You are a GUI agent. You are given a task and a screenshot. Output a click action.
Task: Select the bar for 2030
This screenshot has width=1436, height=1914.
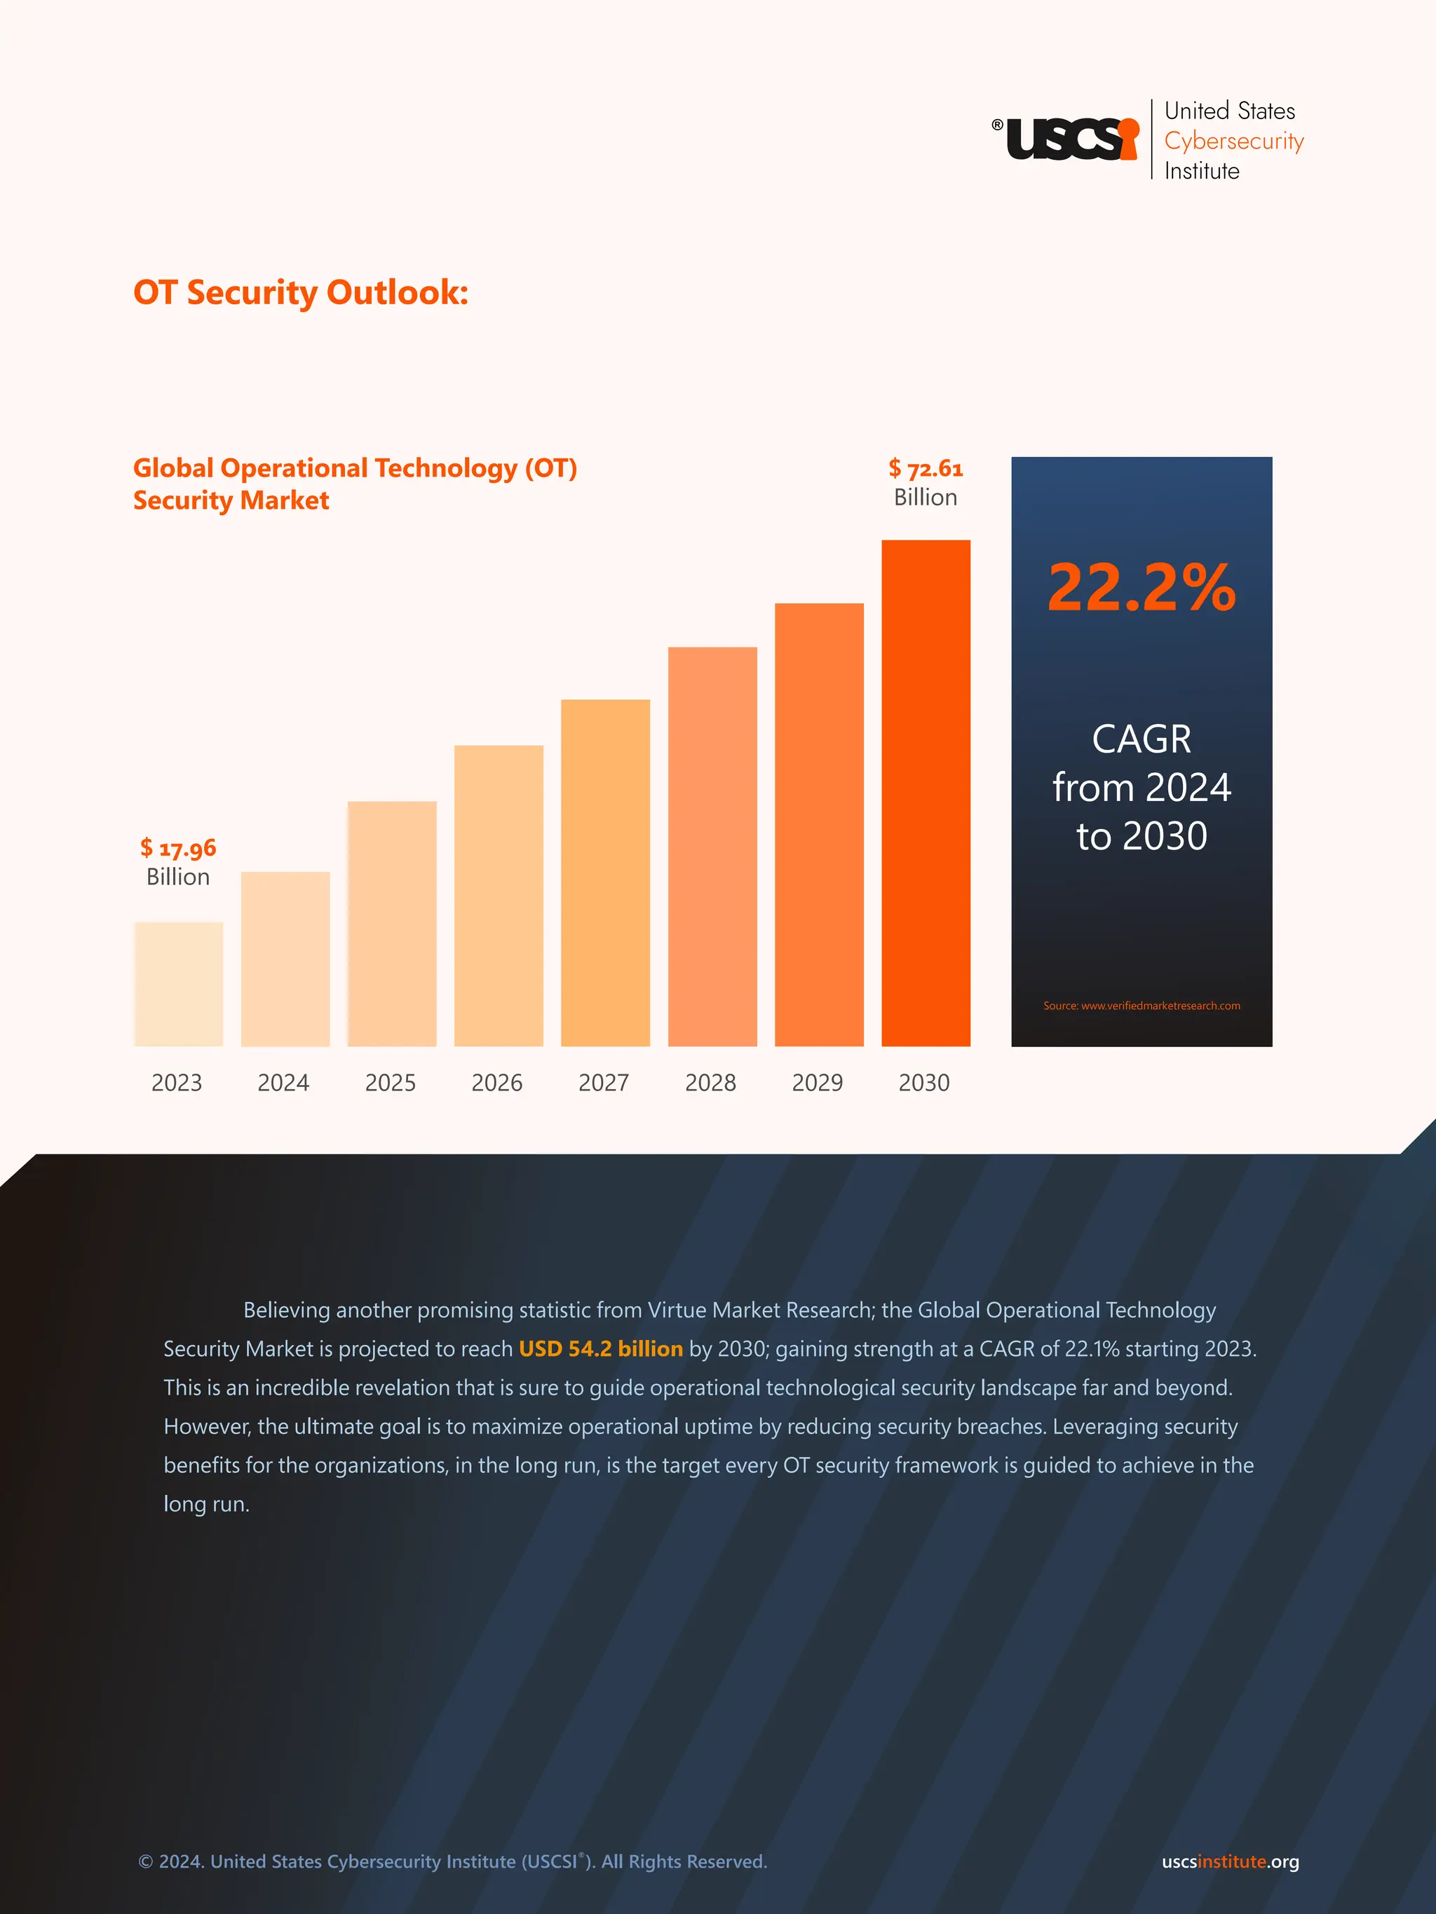pyautogui.click(x=926, y=793)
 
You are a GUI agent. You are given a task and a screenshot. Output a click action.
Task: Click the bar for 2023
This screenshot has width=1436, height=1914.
pyautogui.click(x=178, y=984)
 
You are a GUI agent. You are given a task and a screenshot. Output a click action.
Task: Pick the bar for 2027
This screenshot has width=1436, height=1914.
pyautogui.click(x=605, y=873)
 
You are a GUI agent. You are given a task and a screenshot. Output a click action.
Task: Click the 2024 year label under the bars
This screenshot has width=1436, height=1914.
pyautogui.click(x=283, y=1083)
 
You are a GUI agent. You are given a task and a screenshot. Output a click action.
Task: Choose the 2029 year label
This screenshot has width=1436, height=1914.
pyautogui.click(x=817, y=1083)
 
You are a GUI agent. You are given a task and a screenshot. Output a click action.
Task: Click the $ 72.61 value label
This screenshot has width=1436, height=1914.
pyautogui.click(x=926, y=469)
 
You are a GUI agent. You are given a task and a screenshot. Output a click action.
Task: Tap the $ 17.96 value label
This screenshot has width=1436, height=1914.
pyautogui.click(x=178, y=848)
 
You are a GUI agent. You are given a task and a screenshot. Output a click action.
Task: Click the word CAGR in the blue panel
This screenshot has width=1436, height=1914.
pyautogui.click(x=1141, y=739)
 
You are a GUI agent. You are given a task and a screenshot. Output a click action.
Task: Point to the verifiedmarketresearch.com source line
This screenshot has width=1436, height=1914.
pyautogui.click(x=1141, y=1006)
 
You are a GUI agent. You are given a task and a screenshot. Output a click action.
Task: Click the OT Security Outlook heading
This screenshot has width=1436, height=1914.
pyautogui.click(x=300, y=292)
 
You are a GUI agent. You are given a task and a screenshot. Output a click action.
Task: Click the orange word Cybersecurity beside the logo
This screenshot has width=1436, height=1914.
pyautogui.click(x=1233, y=141)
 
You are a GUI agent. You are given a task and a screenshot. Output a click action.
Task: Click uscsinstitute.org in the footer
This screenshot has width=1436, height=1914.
pyautogui.click(x=1230, y=1861)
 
